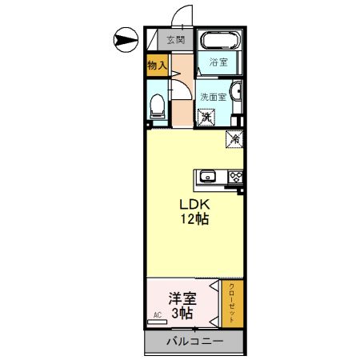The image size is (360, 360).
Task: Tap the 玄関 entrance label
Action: click(x=175, y=39)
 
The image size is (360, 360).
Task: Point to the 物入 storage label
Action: click(x=157, y=66)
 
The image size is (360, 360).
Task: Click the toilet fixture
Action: click(x=157, y=104)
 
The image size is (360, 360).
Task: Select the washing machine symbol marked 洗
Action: click(x=207, y=118)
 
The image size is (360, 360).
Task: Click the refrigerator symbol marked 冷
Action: click(x=234, y=138)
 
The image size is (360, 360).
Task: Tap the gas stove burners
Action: click(x=236, y=176)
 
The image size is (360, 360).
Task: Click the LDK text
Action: click(x=193, y=202)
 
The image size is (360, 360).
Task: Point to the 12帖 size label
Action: click(x=193, y=218)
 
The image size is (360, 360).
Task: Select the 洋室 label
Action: click(x=182, y=298)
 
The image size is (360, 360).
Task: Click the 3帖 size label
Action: click(x=182, y=314)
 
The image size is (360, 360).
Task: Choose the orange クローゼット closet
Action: click(x=232, y=302)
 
